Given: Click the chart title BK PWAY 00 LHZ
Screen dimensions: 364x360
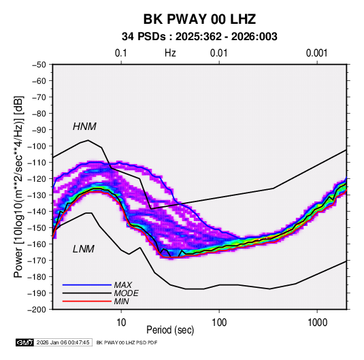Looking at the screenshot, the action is [199, 19].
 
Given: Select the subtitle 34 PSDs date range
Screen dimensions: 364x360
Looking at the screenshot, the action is [199, 37].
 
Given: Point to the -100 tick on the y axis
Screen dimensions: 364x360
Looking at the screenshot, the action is [37, 146].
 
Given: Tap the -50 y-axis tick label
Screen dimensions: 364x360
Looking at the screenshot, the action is [39, 65].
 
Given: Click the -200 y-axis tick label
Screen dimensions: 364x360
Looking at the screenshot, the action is [37, 310].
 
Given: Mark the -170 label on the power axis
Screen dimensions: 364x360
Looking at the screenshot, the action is [37, 261].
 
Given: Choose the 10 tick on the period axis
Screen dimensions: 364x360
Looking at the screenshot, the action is [121, 323].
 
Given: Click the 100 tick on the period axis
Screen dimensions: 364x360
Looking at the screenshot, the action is [219, 323].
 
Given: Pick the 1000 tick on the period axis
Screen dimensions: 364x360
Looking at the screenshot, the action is [317, 323].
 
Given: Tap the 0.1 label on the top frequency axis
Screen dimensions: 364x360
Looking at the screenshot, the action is [121, 53].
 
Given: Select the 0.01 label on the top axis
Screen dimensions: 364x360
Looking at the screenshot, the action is [218, 53].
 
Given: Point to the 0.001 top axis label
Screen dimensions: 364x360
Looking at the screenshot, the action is [316, 53].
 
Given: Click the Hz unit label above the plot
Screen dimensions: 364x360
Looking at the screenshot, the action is [170, 53].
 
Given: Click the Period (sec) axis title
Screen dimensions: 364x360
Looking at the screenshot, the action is [170, 330].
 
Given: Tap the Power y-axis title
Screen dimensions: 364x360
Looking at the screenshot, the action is [18, 186].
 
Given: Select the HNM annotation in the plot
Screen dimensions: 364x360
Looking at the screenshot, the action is [84, 127].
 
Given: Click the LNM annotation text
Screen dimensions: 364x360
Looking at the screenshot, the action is [84, 249].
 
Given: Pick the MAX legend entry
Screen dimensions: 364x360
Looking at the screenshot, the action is [123, 285].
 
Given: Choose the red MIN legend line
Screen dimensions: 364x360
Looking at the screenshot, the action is [87, 301].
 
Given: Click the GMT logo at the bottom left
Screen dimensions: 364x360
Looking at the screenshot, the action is [24, 342].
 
